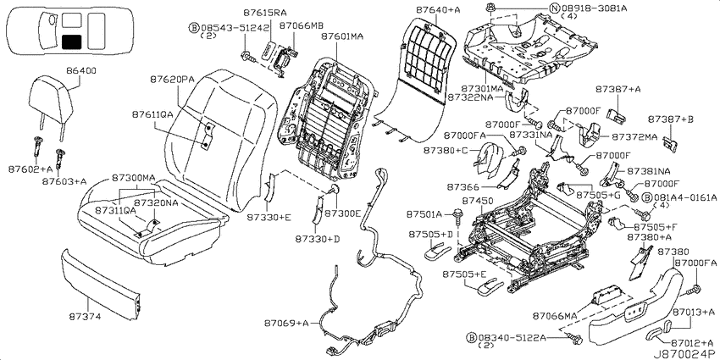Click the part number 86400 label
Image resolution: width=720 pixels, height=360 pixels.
[81, 72]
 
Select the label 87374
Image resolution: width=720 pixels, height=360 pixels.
[85, 317]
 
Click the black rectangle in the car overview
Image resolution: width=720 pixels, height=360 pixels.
[71, 42]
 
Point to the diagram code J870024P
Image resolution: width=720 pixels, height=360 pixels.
[685, 354]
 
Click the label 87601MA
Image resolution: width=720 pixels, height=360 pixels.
[342, 36]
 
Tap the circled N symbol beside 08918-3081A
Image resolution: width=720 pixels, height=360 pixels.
[555, 8]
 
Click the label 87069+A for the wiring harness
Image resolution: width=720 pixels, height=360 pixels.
[285, 323]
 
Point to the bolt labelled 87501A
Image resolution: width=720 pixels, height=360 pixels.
[457, 213]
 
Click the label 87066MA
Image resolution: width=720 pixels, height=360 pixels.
[554, 316]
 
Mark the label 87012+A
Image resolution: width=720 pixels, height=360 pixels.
[693, 343]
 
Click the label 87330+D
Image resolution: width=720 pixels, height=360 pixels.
[318, 239]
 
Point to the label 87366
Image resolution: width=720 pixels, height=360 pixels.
[462, 187]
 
